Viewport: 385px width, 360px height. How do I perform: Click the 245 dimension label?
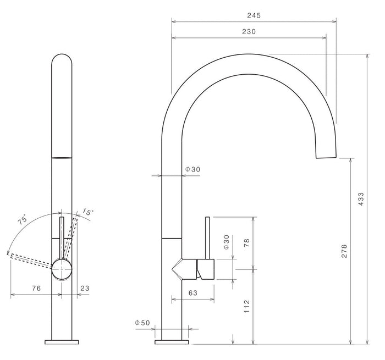coord(254,15)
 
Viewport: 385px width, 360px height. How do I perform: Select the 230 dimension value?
coord(249,32)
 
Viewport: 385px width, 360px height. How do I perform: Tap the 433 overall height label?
coord(361,199)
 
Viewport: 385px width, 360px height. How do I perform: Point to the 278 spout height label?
coord(344,251)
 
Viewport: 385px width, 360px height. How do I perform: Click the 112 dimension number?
coord(246,306)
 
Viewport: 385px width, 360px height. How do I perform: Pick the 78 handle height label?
coord(246,242)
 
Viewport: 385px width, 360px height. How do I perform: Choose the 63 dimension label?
coord(193,293)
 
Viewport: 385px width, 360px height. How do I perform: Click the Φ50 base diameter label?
coord(142,323)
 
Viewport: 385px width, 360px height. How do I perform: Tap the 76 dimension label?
coord(36,288)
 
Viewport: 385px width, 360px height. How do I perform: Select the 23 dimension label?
coord(85,288)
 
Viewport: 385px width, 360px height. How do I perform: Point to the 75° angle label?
coord(23,219)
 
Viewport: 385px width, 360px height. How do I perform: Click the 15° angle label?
coord(87,212)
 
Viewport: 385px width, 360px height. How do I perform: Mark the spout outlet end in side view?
coord(326,157)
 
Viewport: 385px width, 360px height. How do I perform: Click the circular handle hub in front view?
coord(62,269)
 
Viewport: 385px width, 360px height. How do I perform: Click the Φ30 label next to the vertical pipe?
coord(193,169)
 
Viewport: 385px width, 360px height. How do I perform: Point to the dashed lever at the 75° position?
coord(31,261)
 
